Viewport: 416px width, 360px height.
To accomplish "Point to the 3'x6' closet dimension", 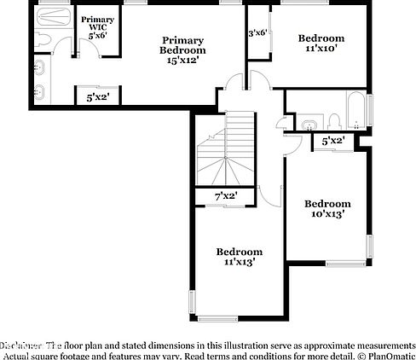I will [257, 33].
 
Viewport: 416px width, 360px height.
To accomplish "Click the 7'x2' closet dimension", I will [225, 196].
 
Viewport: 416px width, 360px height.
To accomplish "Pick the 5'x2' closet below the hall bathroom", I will [333, 140].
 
